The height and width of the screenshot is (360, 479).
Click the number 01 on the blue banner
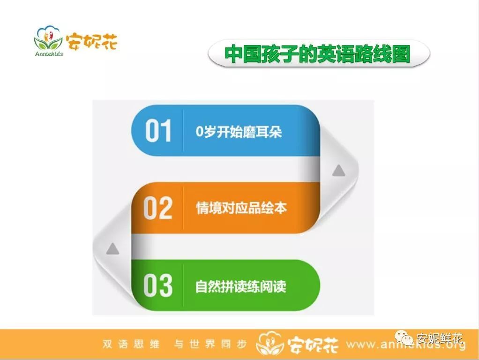point(158,131)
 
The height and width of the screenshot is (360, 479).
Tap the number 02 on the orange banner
point(158,208)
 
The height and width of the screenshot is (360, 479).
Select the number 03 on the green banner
point(158,285)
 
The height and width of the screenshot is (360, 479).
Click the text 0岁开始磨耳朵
point(239,132)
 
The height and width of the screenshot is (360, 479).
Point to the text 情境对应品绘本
point(241,208)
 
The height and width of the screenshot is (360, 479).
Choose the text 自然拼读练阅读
point(241,286)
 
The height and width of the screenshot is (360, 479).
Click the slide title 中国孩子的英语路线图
point(317,54)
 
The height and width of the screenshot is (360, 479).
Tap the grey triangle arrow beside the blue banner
point(339,171)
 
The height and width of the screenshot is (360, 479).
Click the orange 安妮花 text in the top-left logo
point(91,41)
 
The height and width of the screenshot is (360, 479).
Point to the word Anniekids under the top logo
point(49,53)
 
